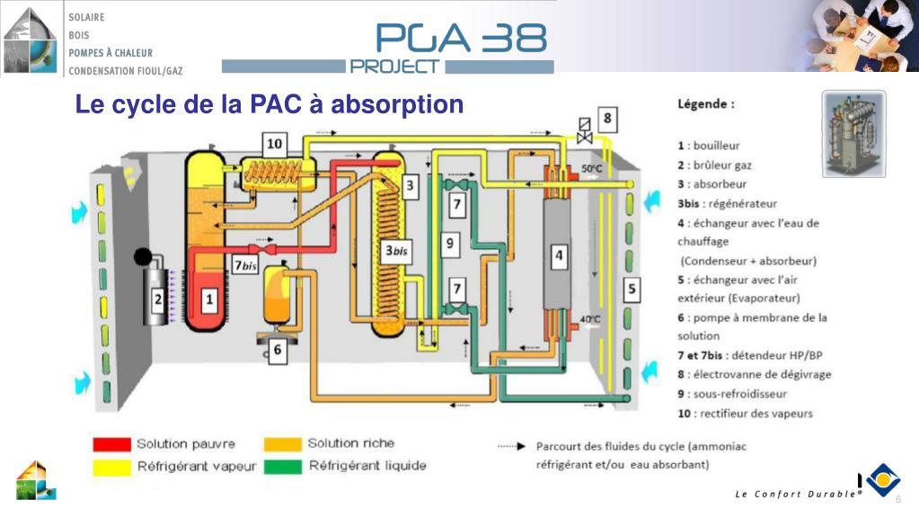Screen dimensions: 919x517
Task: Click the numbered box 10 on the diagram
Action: pyautogui.click(x=274, y=145)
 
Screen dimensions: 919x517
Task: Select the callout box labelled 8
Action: pyautogui.click(x=607, y=119)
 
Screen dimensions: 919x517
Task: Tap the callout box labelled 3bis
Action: pyautogui.click(x=396, y=251)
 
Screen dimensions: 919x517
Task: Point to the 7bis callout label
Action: pyautogui.click(x=245, y=265)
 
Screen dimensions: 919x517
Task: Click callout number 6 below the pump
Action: pyautogui.click(x=278, y=351)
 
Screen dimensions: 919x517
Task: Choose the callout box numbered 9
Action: pyautogui.click(x=449, y=244)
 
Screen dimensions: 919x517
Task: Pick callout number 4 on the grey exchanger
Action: pyautogui.click(x=559, y=256)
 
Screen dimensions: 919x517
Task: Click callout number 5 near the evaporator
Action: pyautogui.click(x=632, y=289)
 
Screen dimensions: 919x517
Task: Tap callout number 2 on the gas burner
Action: pyautogui.click(x=158, y=300)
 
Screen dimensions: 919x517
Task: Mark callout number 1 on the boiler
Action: pyautogui.click(x=210, y=300)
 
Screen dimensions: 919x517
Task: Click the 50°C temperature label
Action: pyautogui.click(x=591, y=169)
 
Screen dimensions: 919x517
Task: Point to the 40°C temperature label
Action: pyautogui.click(x=590, y=320)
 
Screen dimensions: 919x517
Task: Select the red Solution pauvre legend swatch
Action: pyautogui.click(x=111, y=444)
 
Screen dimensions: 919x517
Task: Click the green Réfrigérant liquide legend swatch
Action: pyautogui.click(x=282, y=466)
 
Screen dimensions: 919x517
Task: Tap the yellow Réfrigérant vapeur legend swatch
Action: pyautogui.click(x=111, y=468)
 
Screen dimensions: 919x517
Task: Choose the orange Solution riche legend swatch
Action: pyautogui.click(x=282, y=444)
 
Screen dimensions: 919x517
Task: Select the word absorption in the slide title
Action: pyautogui.click(x=397, y=105)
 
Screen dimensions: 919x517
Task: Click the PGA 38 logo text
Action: pyautogui.click(x=461, y=38)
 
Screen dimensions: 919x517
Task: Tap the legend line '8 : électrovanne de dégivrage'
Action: pyautogui.click(x=755, y=374)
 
